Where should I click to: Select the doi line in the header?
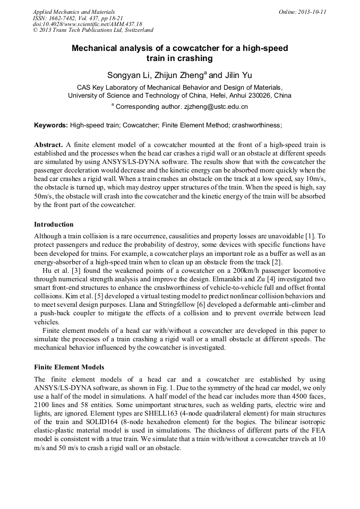[x=88, y=24]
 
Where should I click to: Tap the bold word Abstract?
[x=49, y=144]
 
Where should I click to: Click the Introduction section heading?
[x=54, y=225]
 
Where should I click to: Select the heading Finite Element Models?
[x=69, y=367]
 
